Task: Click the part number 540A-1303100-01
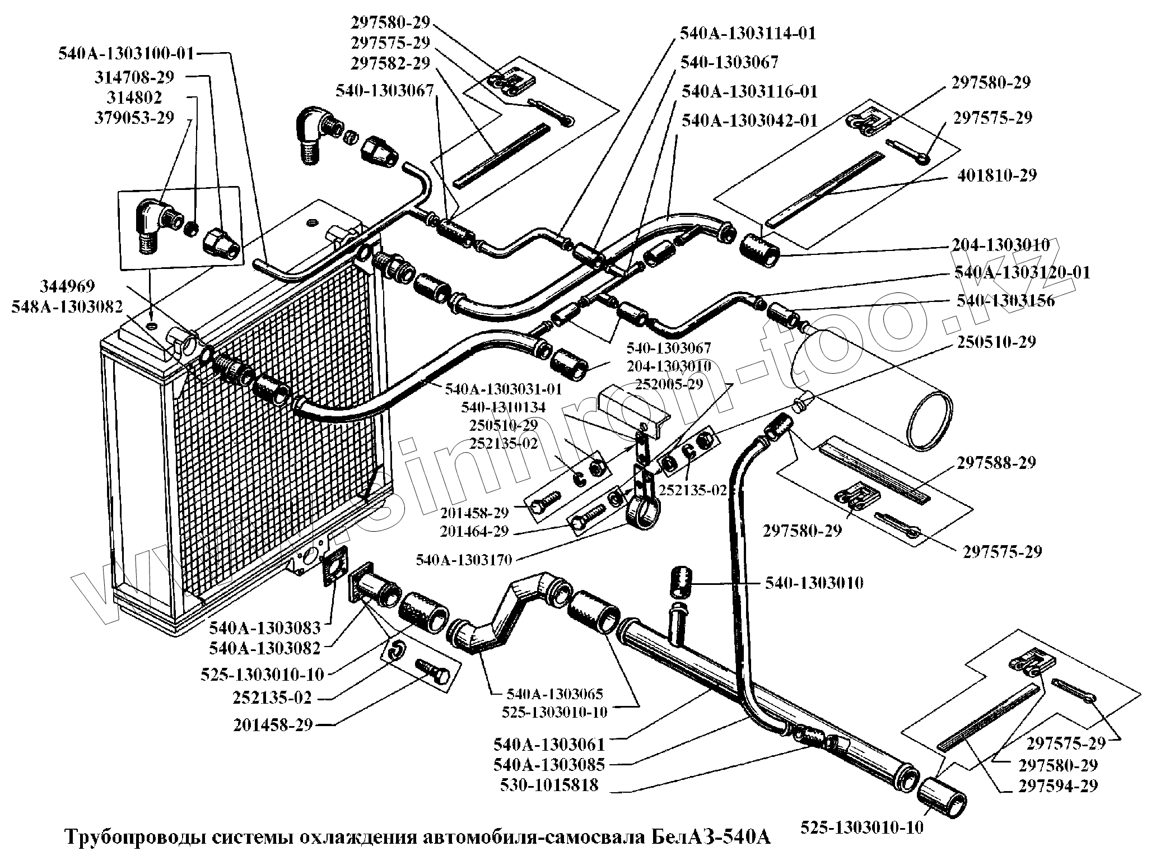tap(126, 54)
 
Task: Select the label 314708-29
tap(134, 77)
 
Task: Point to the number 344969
tap(67, 286)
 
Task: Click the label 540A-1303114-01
tap(748, 34)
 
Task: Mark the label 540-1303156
tap(1005, 301)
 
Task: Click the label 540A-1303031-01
tap(503, 388)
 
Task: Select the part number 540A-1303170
tap(468, 559)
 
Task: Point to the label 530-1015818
tap(549, 785)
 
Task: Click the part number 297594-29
tap(1058, 785)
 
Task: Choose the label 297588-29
tap(996, 463)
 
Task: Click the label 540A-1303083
tap(264, 627)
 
